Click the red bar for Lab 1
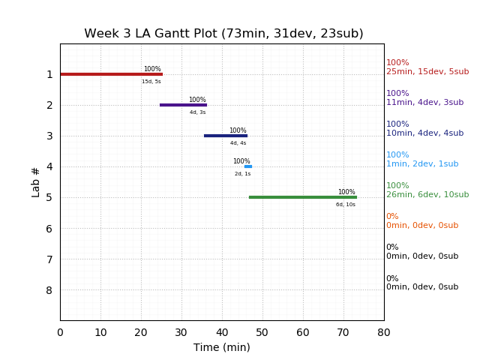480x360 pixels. point(111,74)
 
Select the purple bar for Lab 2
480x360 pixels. point(183,105)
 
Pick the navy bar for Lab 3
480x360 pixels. point(226,136)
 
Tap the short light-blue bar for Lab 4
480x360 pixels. point(248,166)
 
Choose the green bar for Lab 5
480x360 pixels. point(302,197)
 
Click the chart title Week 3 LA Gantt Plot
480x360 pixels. point(223,34)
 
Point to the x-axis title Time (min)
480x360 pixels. point(222,347)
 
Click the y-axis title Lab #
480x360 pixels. point(36,181)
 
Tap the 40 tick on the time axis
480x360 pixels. point(222,332)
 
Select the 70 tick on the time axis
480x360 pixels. point(343,332)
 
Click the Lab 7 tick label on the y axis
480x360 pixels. point(49,259)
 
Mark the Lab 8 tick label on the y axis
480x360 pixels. point(49,290)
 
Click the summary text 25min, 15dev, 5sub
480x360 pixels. point(427,72)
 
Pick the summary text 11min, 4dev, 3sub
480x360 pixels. point(424,103)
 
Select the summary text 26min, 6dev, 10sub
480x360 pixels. point(427,195)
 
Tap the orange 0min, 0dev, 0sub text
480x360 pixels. point(422,226)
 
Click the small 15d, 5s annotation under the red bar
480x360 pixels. point(151,82)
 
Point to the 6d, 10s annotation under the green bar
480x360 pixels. point(346,205)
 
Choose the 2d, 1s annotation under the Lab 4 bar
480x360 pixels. point(242,174)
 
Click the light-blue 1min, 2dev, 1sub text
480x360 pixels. point(422,164)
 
